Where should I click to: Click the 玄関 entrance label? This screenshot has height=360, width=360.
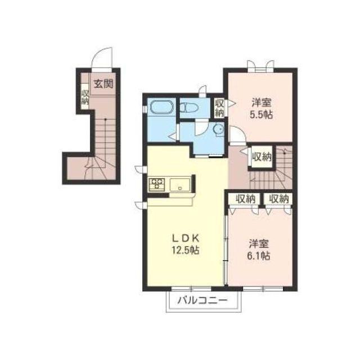coord(103,84)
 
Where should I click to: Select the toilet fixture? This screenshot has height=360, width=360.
coord(189,107)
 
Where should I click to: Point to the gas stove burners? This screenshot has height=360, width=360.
coord(157,184)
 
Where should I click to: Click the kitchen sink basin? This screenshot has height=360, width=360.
coord(180,184)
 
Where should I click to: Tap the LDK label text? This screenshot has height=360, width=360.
coord(186,238)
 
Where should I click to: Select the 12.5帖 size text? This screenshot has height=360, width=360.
coord(186,250)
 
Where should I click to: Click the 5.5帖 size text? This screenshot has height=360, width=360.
coord(261,114)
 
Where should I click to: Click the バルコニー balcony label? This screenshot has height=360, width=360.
coord(202,300)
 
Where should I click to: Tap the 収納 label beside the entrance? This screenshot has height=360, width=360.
coord(85,97)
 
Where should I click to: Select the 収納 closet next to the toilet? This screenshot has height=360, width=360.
coord(219,107)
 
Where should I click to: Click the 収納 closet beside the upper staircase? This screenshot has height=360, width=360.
coord(262,157)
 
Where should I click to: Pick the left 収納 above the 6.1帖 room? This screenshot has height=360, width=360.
coord(246,199)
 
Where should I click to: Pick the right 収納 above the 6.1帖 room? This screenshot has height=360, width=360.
coord(278,199)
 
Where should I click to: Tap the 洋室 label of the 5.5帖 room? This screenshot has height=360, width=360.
coord(262,102)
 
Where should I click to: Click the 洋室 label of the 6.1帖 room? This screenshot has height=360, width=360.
coord(259,244)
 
